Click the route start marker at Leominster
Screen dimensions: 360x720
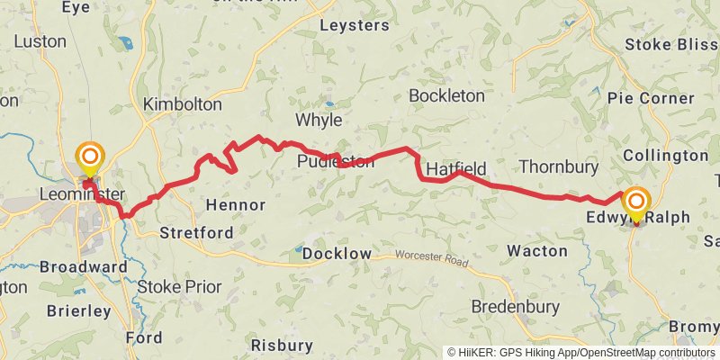89,158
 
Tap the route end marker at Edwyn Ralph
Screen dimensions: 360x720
636,202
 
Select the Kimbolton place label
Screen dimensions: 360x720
183,104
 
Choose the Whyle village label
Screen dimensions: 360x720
319,120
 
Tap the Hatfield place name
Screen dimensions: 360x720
456,169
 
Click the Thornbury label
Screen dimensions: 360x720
559,166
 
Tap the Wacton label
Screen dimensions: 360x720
537,250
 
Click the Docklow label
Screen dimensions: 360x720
337,254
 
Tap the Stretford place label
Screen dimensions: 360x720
196,233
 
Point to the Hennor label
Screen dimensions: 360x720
236,204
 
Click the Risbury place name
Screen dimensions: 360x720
282,345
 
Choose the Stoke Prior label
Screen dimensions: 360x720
179,286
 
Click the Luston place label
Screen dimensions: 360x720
40,41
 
